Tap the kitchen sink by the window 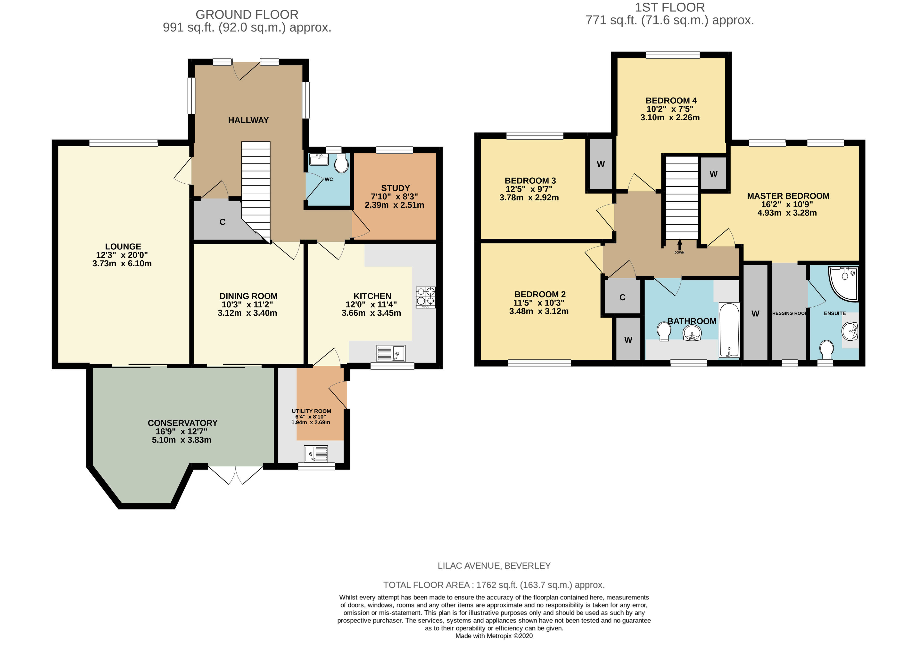(x=391, y=353)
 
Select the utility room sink (x=316, y=454)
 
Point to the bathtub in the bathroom (x=729, y=330)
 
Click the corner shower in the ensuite (x=843, y=284)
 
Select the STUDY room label (x=395, y=188)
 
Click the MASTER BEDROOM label (x=788, y=196)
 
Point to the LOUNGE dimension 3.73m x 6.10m (x=122, y=264)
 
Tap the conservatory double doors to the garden (x=236, y=475)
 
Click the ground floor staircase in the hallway (x=256, y=191)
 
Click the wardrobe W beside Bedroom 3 (x=601, y=164)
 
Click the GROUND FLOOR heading (x=247, y=15)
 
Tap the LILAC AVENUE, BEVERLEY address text (x=494, y=565)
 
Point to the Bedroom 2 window (x=539, y=363)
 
